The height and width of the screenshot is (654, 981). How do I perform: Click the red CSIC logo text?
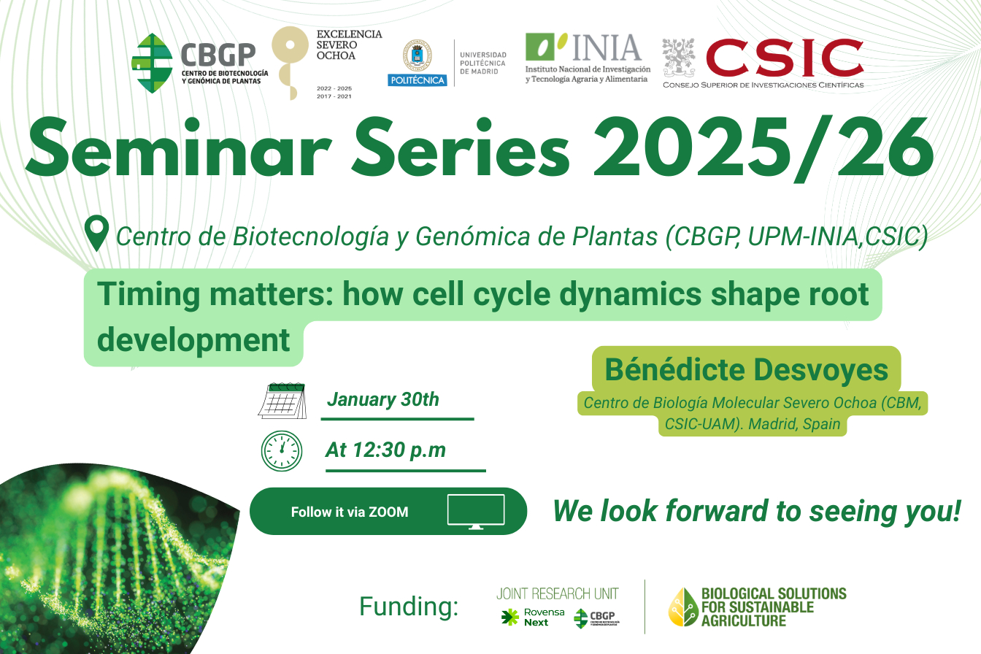pos(785,58)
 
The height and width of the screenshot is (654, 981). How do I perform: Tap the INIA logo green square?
pos(540,47)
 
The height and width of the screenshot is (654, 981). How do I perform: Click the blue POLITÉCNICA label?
pos(418,80)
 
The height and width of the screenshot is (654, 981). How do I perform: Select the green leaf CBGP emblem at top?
pos(152,63)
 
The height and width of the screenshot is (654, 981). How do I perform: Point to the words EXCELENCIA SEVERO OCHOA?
pos(349,45)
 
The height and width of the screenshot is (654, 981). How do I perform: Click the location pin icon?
pos(97,233)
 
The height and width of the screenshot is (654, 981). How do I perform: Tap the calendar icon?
pos(282,401)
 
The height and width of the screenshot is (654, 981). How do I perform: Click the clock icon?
pos(282,451)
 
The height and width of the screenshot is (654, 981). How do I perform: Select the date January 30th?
pos(383,399)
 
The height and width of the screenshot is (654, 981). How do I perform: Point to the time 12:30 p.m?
pos(399,450)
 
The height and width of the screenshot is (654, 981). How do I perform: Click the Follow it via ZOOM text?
pos(350,512)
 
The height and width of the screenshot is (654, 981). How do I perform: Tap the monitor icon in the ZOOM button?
pos(476,512)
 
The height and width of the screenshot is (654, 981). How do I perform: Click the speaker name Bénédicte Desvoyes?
pos(746,369)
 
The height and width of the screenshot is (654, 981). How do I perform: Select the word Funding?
pos(409,607)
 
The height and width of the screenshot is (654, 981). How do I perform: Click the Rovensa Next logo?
pos(533,618)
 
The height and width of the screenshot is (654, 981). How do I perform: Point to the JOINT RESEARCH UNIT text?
pos(558,593)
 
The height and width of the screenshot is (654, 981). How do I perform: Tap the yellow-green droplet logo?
pos(683,607)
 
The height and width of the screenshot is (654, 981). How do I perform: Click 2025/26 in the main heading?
pos(763,147)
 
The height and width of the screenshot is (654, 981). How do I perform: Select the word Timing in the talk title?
pos(148,294)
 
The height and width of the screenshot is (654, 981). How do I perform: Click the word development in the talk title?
pos(193,340)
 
